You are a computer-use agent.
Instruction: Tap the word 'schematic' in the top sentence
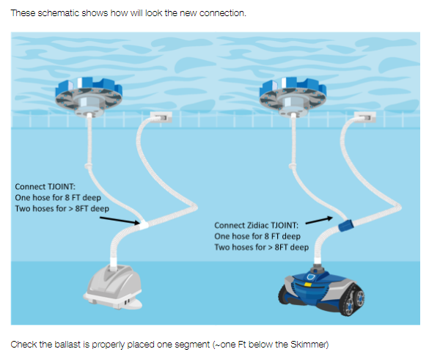(x=56, y=13)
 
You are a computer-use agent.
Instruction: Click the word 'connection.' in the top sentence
(x=224, y=13)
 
